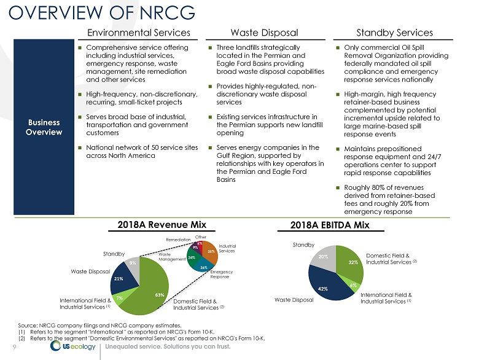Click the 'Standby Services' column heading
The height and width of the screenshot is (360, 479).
tap(395, 33)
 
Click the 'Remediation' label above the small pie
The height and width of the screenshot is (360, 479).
tap(179, 239)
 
